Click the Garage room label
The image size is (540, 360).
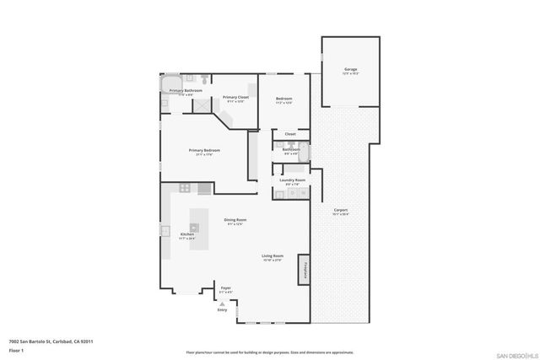tap(350, 69)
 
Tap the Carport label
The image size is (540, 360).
tap(341, 210)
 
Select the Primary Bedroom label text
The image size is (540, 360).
tap(204, 151)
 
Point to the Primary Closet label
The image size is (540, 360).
tap(235, 98)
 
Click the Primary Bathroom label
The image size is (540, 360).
tap(186, 90)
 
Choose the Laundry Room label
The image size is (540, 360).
tap(293, 180)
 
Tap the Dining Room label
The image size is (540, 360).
tap(235, 220)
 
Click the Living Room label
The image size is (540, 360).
tap(272, 255)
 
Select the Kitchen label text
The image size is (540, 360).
tap(186, 234)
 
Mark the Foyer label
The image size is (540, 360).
tap(226, 288)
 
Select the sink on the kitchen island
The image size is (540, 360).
tap(194, 227)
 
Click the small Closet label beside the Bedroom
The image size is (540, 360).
tap(289, 134)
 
